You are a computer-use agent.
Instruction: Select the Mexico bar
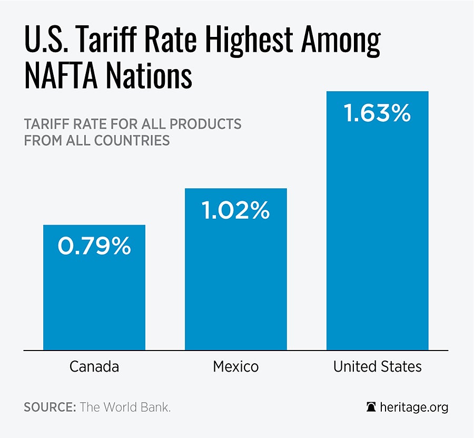point(235,285)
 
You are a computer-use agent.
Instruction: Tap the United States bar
point(377,237)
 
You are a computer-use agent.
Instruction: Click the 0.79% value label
point(94,247)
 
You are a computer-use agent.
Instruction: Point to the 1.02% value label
point(235,211)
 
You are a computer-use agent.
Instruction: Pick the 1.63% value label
point(377,114)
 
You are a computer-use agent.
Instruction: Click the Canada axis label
point(94,366)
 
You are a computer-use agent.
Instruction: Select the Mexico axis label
point(235,366)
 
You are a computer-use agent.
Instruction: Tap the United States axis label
point(377,366)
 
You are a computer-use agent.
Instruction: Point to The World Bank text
point(125,408)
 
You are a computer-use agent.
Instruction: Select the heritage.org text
point(413,407)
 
